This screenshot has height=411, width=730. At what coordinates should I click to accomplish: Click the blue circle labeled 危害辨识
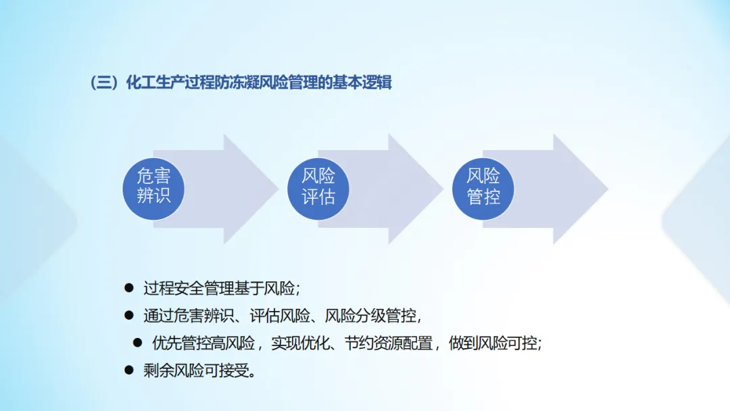[153, 187]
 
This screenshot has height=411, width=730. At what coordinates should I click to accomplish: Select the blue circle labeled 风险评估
[318, 187]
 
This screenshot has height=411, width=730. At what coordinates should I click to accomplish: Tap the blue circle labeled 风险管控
[483, 187]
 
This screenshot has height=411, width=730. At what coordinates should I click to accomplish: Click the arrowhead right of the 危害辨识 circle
[250, 189]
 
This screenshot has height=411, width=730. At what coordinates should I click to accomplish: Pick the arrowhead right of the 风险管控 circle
[580, 189]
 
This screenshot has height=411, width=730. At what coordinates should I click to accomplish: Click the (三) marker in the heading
[104, 83]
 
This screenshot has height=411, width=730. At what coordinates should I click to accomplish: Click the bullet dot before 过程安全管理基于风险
[129, 288]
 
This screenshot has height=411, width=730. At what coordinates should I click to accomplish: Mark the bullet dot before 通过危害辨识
[129, 316]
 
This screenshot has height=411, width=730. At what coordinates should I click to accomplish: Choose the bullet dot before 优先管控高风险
[138, 343]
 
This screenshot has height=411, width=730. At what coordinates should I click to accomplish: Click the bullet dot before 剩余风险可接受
[129, 370]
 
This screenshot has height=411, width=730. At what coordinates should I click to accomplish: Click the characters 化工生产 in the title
[152, 83]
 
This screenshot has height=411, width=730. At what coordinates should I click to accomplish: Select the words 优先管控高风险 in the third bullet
[203, 343]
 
